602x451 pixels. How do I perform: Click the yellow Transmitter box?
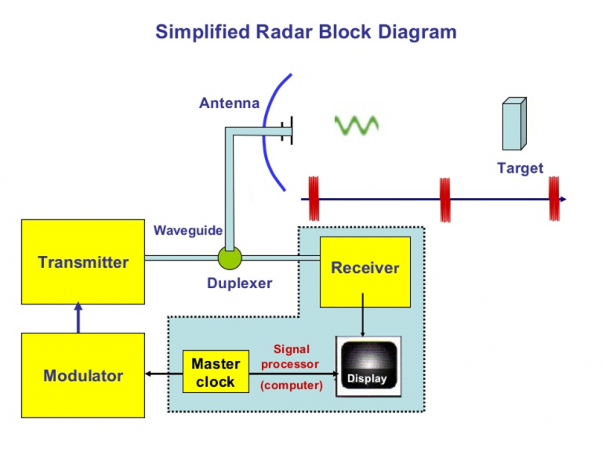pos(82,262)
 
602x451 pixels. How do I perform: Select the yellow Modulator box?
pos(82,375)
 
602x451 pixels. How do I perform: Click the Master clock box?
pos(215,373)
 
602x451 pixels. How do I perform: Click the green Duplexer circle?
pos(230,257)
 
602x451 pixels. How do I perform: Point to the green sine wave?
pos(357,124)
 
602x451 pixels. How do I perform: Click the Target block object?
pos(514,124)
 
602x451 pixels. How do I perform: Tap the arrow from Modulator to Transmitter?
pos(78,318)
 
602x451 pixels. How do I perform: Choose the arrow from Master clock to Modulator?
pos(164,374)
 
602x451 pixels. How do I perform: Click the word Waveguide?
pos(188,230)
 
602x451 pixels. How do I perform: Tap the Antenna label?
pos(229,103)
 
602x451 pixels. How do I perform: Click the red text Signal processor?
pos(290,356)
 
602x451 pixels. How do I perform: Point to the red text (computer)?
pos(291,385)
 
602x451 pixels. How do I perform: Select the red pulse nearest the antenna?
pos(314,199)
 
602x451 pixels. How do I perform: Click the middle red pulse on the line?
pos(445,199)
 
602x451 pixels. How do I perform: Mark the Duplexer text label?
pos(239,283)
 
